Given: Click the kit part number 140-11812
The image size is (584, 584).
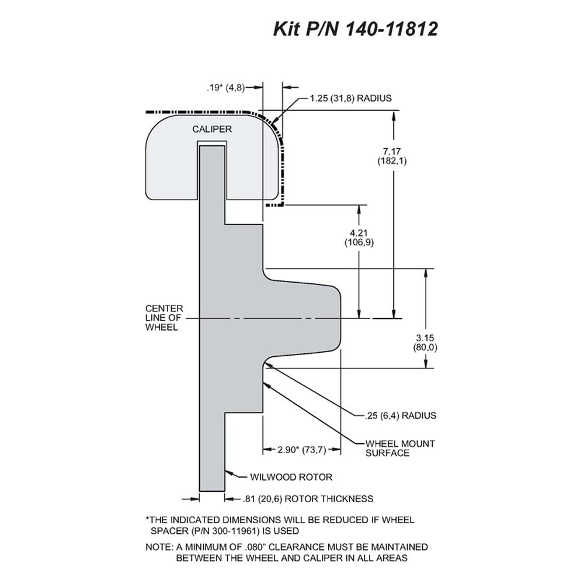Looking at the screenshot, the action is click(392, 29).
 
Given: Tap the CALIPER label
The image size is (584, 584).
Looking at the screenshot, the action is click(212, 129).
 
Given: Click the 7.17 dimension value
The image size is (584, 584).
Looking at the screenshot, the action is click(392, 151).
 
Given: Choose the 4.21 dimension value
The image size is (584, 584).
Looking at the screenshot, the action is click(359, 233).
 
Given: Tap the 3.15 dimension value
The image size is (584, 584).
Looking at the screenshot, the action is click(425, 338).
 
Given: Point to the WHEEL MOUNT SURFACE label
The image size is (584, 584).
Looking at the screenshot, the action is click(400, 449).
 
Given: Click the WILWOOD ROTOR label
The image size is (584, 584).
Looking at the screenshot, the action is click(291, 477).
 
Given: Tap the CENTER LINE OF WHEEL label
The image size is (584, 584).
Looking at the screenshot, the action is click(164, 318).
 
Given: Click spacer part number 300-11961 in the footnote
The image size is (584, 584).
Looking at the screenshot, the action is click(232, 531).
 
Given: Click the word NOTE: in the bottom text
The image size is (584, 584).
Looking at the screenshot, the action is click(159, 547).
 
